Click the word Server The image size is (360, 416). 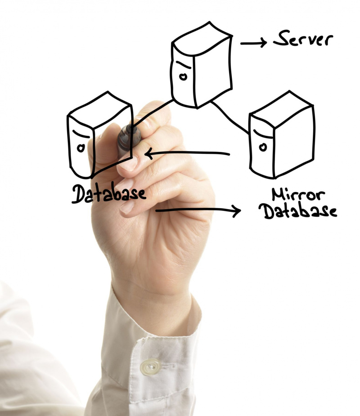(x=303, y=39)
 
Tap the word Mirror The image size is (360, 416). (x=298, y=194)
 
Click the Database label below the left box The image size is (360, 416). (x=109, y=193)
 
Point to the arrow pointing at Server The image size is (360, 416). (x=253, y=43)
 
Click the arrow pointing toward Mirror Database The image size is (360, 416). (x=198, y=210)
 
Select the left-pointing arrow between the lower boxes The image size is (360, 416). (x=187, y=153)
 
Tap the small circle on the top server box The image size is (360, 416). (x=183, y=76)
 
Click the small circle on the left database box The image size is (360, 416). (x=81, y=148)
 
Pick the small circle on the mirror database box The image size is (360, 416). (x=263, y=147)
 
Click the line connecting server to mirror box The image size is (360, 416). (x=230, y=118)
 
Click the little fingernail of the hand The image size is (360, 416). (x=127, y=207)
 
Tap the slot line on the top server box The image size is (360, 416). (x=184, y=65)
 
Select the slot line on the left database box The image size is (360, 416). (x=81, y=134)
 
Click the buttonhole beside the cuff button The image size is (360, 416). (x=167, y=366)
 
